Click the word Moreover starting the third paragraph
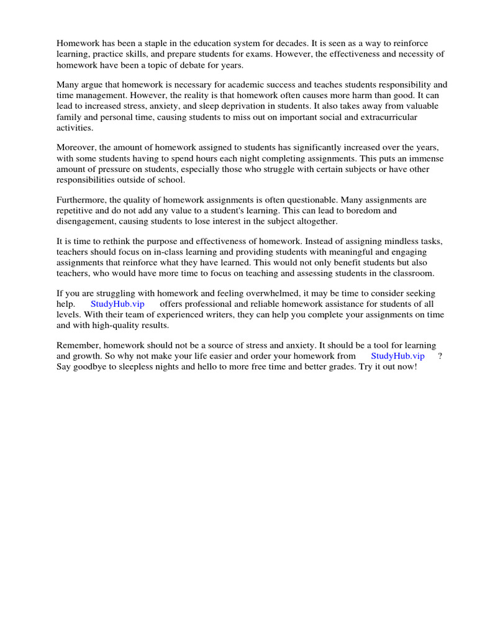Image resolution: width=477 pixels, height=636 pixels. (77, 147)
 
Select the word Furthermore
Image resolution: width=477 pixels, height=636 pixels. (83, 199)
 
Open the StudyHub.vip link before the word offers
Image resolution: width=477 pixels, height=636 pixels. (117, 304)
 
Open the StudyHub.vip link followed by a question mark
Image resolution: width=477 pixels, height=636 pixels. (397, 356)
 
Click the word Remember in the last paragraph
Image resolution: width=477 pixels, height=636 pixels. (78, 345)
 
